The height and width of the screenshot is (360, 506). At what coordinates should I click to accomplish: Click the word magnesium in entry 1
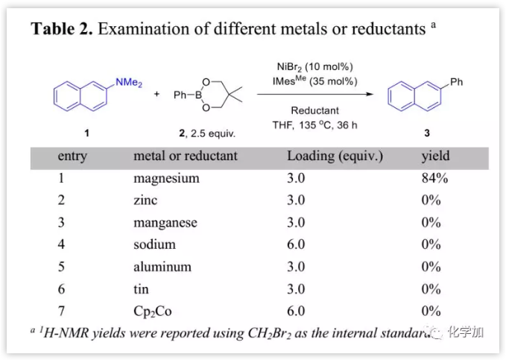tap(166, 178)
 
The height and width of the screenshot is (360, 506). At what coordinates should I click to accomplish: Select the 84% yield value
tap(434, 178)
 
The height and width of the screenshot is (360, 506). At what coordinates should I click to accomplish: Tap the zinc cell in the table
tap(145, 200)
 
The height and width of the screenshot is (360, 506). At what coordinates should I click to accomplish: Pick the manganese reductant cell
tap(165, 222)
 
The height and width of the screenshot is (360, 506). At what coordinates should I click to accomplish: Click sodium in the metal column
tap(154, 244)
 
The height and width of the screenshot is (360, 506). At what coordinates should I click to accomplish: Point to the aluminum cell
tap(162, 266)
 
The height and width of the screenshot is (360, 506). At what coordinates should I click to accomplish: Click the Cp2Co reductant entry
tap(152, 311)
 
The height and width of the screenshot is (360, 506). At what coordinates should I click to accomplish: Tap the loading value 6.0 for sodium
tap(297, 244)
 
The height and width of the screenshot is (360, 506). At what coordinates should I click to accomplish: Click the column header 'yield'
tap(435, 156)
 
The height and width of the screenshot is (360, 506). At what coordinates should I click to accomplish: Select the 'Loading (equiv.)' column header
tap(335, 156)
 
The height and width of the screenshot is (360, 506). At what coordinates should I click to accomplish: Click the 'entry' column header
tap(72, 156)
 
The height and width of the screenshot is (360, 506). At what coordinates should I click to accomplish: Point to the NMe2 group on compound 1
tap(128, 83)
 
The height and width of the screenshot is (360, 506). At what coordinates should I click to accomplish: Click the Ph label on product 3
tap(456, 82)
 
